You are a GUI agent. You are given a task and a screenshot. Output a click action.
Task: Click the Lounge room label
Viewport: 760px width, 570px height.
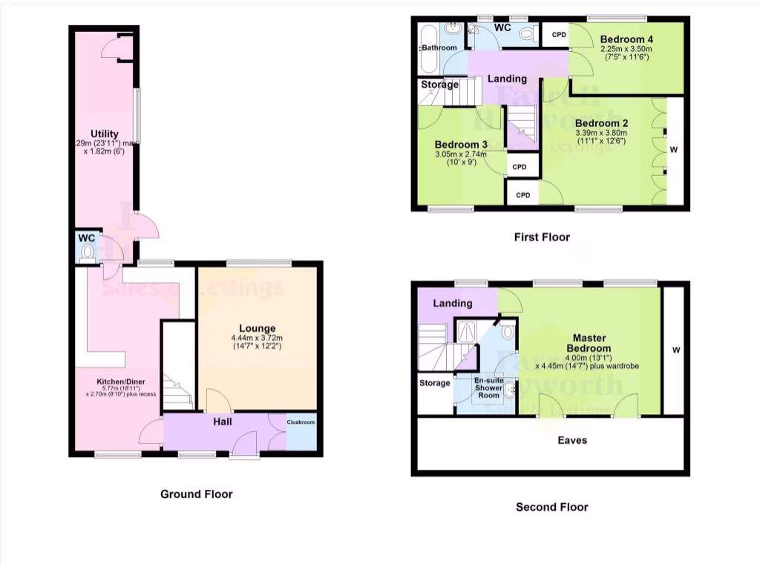[x=258, y=328]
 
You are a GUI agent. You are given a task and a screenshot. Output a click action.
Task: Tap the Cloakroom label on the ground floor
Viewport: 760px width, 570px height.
[x=301, y=422]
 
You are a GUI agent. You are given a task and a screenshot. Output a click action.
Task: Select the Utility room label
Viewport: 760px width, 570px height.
[x=105, y=134]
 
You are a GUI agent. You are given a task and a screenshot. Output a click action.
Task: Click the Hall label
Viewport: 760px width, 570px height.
[x=223, y=422]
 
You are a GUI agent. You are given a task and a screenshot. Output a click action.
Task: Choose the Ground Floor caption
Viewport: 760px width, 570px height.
[x=197, y=494]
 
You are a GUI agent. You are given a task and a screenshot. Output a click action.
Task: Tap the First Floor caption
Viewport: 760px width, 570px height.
[x=542, y=237]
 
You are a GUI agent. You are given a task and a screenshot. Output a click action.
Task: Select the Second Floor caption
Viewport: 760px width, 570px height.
[x=551, y=507]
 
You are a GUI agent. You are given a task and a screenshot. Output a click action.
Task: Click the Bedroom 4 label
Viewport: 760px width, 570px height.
[x=627, y=39]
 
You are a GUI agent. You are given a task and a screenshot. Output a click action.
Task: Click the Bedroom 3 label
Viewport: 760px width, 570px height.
[x=461, y=144]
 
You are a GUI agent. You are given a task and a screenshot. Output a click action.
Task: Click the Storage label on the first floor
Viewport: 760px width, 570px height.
[x=440, y=85]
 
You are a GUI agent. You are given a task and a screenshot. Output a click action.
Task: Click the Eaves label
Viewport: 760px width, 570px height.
[x=572, y=440]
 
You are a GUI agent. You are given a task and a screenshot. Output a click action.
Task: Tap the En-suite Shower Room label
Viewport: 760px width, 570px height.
[x=488, y=388]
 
